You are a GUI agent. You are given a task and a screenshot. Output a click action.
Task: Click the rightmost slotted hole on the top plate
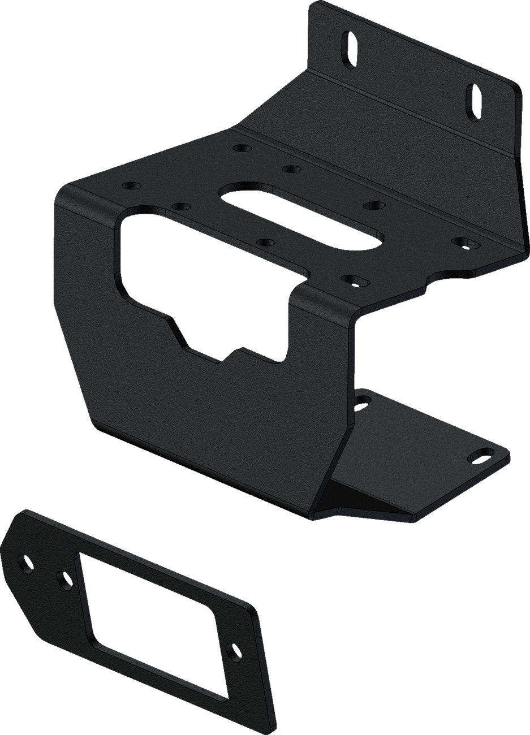(x=465, y=242)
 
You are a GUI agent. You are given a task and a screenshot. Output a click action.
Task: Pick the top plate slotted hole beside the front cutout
(x=353, y=279)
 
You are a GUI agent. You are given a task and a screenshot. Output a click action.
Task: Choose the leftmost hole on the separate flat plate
(x=26, y=560)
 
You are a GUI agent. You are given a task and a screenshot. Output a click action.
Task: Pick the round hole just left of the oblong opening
(x=181, y=206)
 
